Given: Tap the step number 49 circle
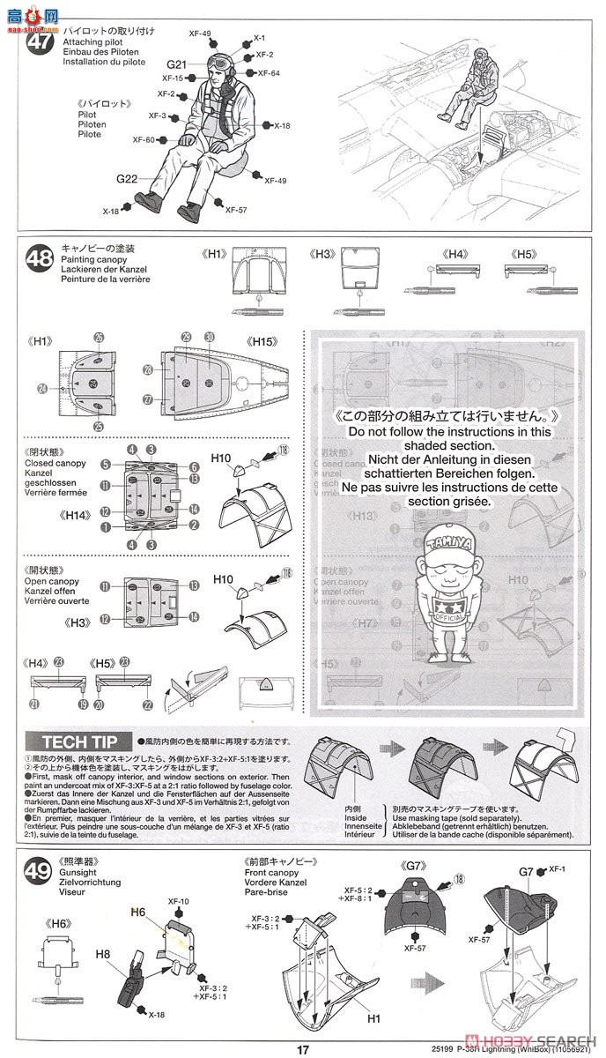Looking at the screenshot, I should point(38,872).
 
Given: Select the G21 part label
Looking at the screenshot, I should point(178,64).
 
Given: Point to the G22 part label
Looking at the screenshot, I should point(126,179).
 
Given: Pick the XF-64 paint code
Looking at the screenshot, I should point(270,73).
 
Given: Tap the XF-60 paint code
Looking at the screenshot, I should point(144,140).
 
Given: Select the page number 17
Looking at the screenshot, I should point(303,1049).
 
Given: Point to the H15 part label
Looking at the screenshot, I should point(263,341).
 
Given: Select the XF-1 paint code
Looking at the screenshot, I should point(556,869).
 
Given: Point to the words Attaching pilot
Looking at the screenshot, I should point(92,41).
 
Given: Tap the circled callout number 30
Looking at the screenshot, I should point(210,337).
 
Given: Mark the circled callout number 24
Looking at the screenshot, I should point(42,387).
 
